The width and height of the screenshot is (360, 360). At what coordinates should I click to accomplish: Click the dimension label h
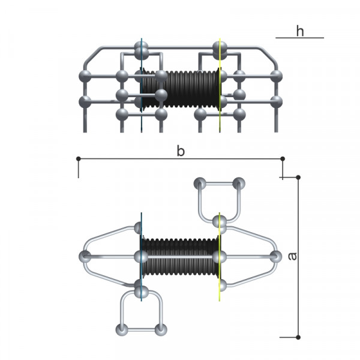click(x=300, y=31)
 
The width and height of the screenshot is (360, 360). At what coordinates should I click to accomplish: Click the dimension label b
click(x=181, y=151)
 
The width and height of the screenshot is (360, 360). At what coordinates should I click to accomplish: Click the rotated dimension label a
click(x=292, y=256)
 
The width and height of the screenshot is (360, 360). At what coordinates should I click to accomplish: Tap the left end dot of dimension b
click(x=78, y=158)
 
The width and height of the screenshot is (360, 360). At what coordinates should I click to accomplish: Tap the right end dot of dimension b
click(x=283, y=158)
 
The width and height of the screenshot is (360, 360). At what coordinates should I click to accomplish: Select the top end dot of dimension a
click(x=298, y=177)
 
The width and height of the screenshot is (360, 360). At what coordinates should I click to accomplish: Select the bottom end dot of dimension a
click(x=298, y=337)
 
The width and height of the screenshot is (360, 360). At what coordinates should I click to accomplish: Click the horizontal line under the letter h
click(x=299, y=38)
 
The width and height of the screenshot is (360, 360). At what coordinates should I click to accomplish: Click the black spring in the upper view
click(x=180, y=89)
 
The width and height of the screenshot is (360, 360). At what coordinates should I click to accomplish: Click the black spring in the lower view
click(x=180, y=257)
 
